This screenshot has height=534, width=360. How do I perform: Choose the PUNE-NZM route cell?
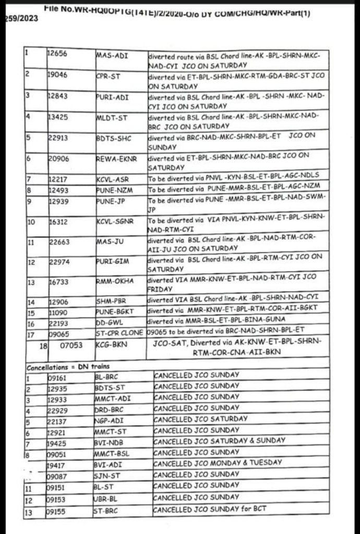click(113, 189)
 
